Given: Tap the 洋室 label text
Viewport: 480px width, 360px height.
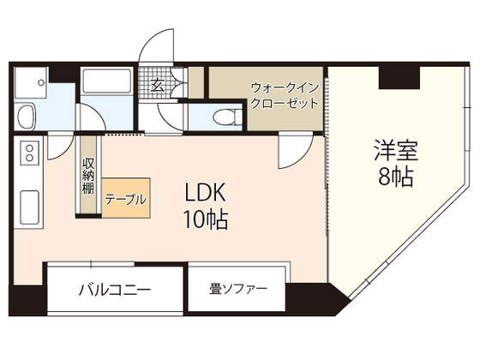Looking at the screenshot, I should pyautogui.click(x=394, y=151).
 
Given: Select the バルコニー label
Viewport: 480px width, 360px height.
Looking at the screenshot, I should pyautogui.click(x=116, y=290).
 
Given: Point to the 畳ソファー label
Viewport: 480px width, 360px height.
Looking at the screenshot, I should pyautogui.click(x=237, y=289).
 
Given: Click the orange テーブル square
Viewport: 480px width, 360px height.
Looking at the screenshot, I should pyautogui.click(x=125, y=198).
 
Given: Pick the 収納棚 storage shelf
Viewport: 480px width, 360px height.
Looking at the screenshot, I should pyautogui.click(x=88, y=177).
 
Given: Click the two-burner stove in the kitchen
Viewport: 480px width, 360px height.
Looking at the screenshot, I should pyautogui.click(x=27, y=155).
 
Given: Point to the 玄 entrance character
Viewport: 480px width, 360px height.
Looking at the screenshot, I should pyautogui.click(x=159, y=85).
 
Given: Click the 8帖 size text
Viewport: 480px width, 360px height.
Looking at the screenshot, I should pyautogui.click(x=394, y=178).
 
